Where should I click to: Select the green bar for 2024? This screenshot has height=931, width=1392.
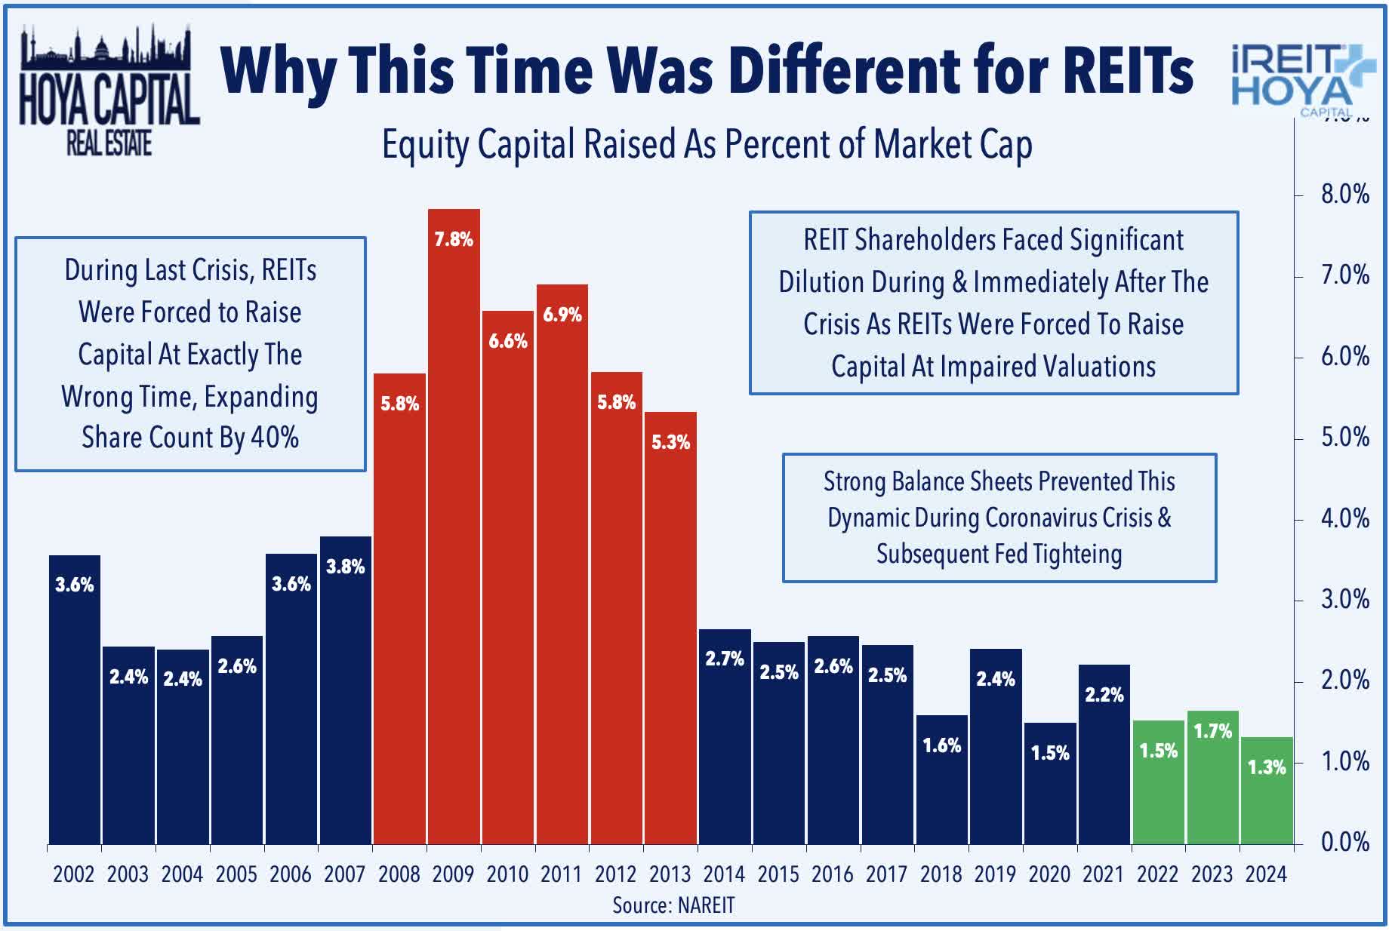tap(1267, 800)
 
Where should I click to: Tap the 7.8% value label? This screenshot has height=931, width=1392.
tap(454, 240)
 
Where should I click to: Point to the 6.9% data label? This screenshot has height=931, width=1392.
tap(562, 315)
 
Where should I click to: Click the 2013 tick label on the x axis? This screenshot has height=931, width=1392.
tap(670, 874)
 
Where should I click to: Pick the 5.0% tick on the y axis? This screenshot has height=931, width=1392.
tap(1344, 438)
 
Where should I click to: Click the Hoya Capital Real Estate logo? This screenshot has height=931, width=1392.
tap(109, 91)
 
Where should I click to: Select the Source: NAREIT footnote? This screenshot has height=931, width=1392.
tap(673, 905)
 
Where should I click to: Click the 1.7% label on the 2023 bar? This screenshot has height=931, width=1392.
tap(1212, 731)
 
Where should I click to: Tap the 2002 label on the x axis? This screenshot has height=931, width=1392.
tap(73, 874)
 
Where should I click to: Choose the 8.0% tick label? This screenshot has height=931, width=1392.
tap(1344, 195)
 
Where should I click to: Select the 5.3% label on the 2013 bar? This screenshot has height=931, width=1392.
tap(670, 442)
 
